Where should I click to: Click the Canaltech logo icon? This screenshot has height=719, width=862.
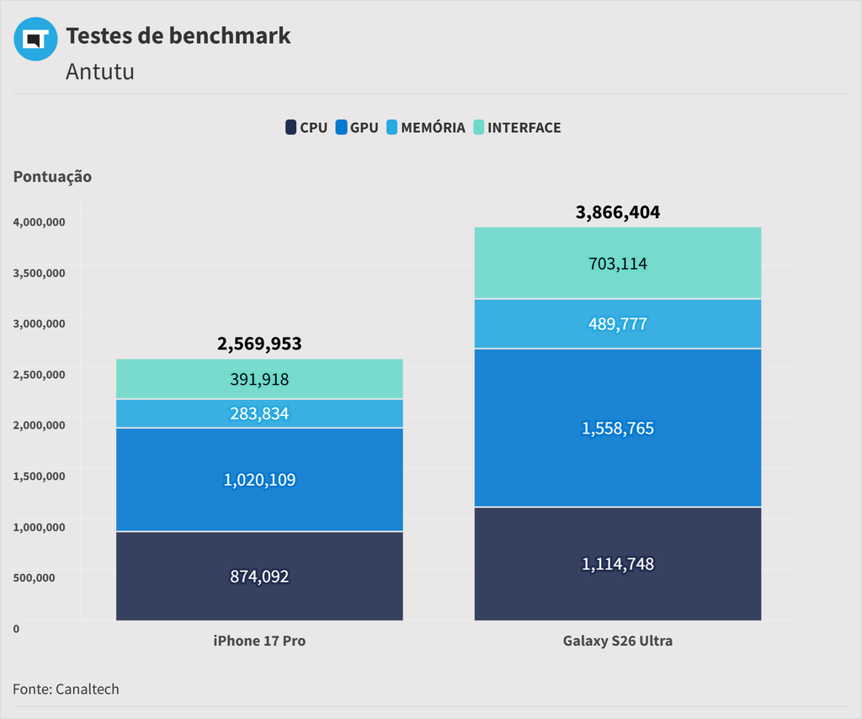[x=35, y=39]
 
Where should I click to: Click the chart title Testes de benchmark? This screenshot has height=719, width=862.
[x=178, y=36]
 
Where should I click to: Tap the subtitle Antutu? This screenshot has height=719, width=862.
[x=99, y=72]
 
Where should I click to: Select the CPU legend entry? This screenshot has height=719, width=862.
[x=306, y=128]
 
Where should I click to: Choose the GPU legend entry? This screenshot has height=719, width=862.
[x=357, y=128]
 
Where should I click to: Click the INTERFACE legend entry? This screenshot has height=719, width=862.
[x=516, y=128]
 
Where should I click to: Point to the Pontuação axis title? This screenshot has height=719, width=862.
[x=52, y=177]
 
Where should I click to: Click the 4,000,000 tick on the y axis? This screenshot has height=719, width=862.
[x=39, y=221]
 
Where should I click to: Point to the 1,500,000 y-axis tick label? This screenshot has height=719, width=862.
[x=39, y=476]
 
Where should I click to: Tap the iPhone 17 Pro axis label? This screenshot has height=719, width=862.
[x=259, y=641]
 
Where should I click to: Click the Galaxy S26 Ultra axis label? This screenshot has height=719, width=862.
[x=618, y=641]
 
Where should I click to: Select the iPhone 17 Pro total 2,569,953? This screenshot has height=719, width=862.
[x=259, y=344]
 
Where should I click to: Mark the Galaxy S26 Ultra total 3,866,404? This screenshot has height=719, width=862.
[x=618, y=212]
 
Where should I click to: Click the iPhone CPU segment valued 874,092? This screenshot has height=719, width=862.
[x=259, y=577]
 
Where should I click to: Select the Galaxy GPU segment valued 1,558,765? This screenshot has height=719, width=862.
[x=618, y=429]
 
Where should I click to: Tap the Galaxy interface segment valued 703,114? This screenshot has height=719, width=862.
[x=618, y=264]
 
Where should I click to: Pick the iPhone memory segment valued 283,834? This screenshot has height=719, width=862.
[x=259, y=413]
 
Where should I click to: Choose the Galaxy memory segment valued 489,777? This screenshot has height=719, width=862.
[x=618, y=324]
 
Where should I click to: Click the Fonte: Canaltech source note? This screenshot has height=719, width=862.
[x=66, y=689]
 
